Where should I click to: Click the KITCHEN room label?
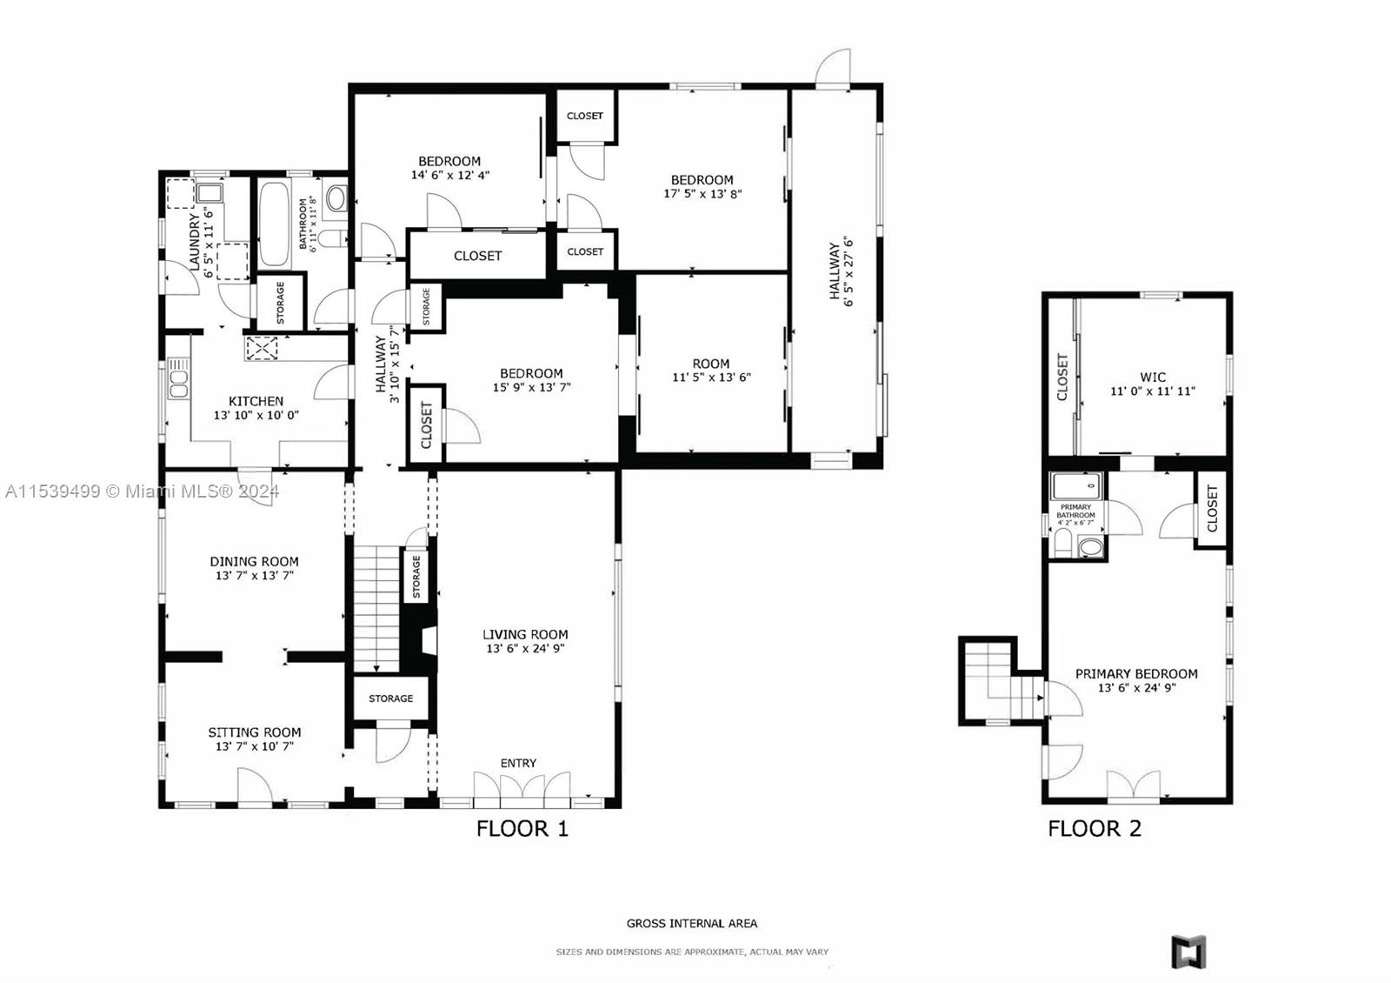click(256, 401)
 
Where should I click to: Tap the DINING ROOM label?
click(254, 562)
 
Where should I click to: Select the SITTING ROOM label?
click(255, 732)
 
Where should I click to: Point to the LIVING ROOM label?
click(525, 634)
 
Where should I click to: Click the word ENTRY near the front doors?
click(518, 763)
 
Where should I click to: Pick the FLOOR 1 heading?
click(522, 828)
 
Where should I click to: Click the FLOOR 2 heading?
click(1095, 828)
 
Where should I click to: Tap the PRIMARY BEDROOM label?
click(1136, 673)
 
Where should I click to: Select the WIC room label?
click(1153, 378)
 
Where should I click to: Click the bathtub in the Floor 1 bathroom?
click(274, 224)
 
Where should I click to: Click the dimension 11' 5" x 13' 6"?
click(712, 378)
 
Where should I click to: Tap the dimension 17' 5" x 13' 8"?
click(702, 194)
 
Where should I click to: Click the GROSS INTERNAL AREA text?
click(692, 923)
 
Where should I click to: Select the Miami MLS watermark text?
click(143, 491)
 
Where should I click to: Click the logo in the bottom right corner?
click(1188, 952)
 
